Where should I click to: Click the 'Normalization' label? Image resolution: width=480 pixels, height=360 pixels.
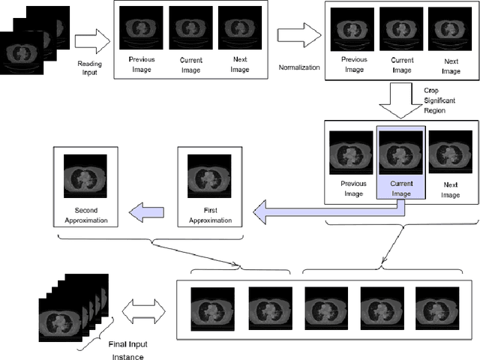tap(298, 67)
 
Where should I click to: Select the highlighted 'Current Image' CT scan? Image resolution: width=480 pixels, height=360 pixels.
tap(400, 153)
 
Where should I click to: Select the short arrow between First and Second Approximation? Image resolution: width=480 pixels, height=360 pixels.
tap(147, 213)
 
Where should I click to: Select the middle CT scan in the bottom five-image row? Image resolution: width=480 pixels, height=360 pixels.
tap(325, 308)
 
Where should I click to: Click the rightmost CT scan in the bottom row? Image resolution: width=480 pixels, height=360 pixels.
tap(436, 308)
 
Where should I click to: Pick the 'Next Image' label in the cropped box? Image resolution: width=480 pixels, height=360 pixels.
tap(451, 190)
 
